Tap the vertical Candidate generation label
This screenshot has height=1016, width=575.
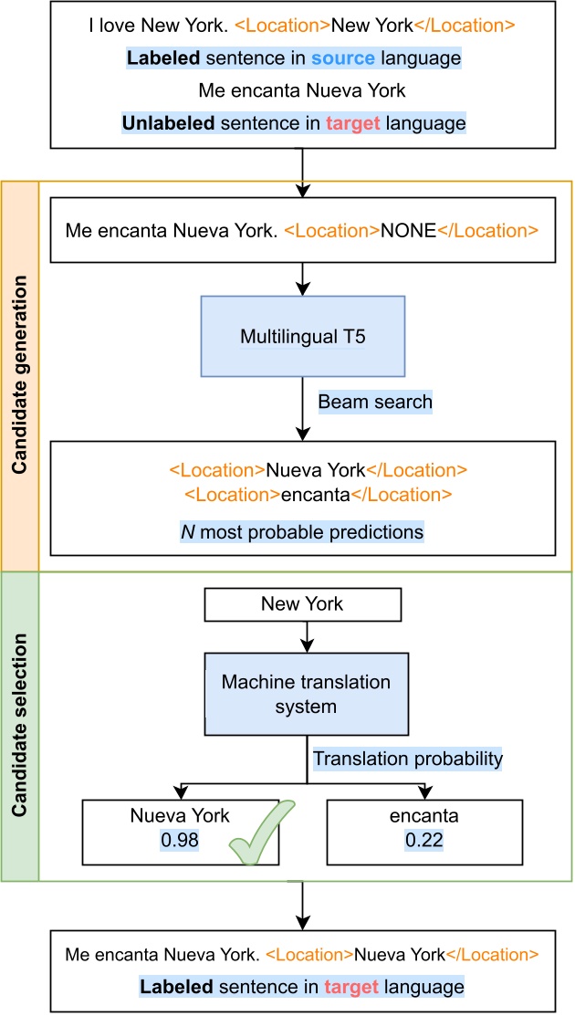(19, 375)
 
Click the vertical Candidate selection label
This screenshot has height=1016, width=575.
(19, 726)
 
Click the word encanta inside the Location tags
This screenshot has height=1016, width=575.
(316, 495)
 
